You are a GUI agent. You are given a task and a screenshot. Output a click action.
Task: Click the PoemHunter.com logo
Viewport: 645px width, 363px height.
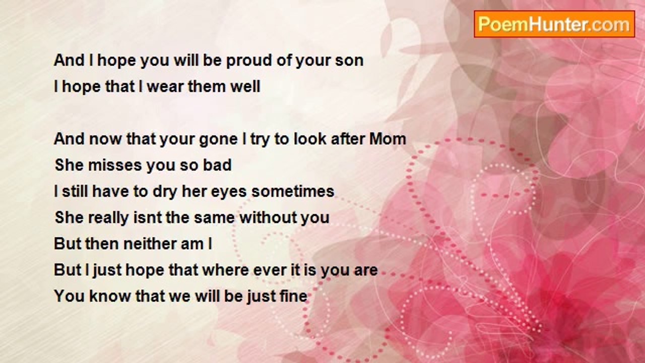554,24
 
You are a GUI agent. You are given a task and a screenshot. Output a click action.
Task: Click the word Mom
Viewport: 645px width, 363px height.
388,139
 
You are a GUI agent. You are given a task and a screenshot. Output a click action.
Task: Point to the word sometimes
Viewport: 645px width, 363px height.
293,192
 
